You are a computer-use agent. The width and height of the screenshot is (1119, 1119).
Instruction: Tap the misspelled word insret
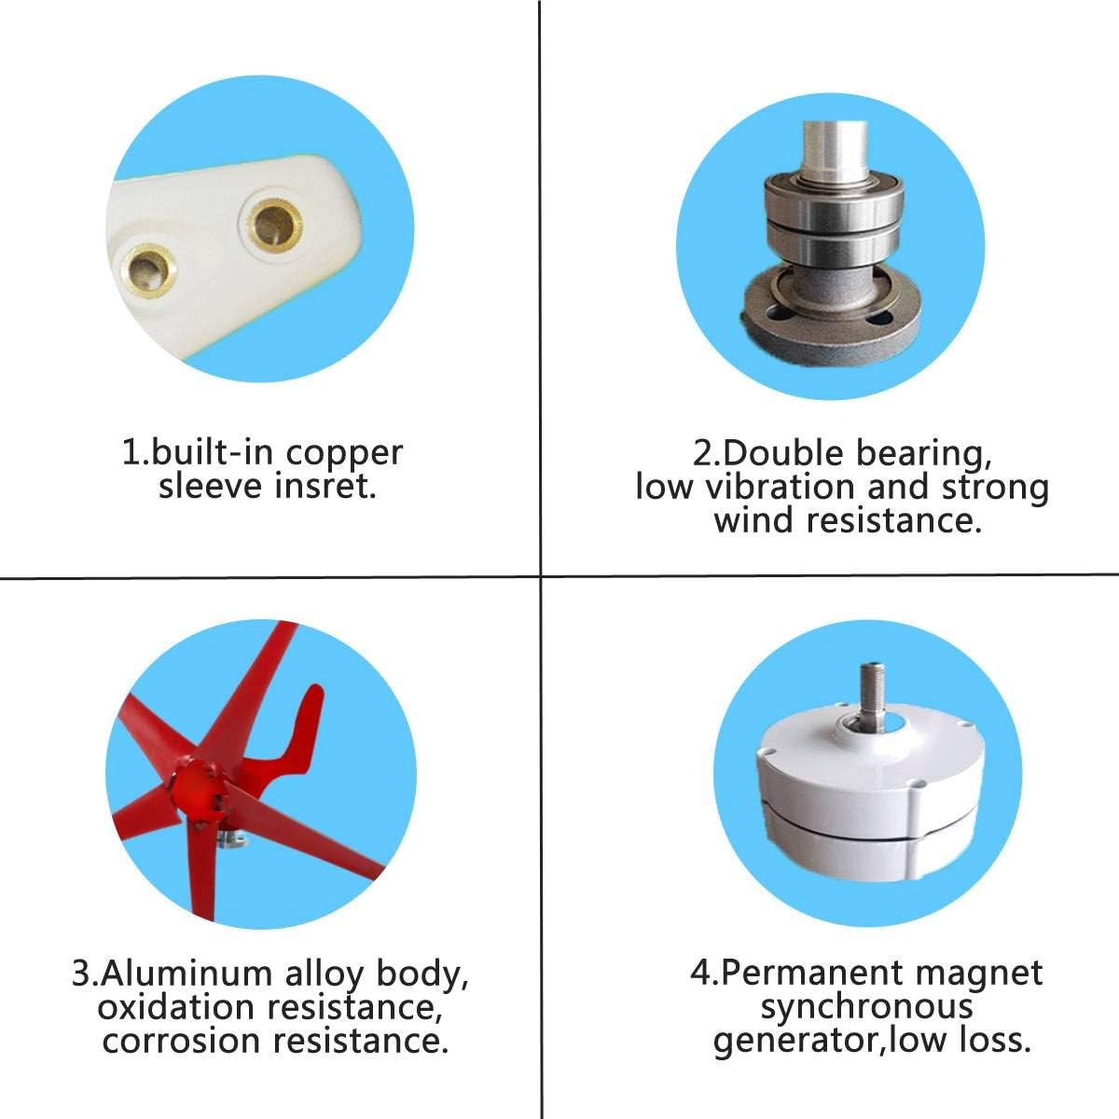pos(328,486)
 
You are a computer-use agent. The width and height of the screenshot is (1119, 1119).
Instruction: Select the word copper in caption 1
pos(344,454)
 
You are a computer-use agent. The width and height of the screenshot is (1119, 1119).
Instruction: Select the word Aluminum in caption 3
pos(186,974)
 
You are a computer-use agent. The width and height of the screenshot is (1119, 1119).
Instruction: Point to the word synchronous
pos(866,1006)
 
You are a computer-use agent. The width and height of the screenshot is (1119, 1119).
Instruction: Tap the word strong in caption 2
pos(994,487)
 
